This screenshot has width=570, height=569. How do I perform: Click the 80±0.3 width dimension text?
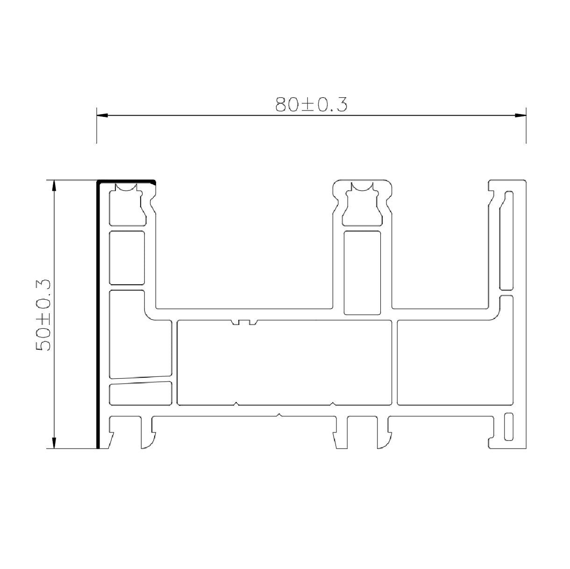[311, 104]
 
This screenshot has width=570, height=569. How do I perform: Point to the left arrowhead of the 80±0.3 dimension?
[102, 115]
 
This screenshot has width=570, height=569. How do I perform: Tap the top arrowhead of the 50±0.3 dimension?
[55, 186]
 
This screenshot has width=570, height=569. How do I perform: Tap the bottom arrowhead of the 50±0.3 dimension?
[55, 443]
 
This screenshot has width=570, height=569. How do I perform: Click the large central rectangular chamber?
[284, 363]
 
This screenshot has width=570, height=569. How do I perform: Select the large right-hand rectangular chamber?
[455, 363]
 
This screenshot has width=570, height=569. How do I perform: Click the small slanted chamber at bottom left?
[141, 393]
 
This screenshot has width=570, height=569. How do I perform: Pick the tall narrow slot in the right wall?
[506, 241]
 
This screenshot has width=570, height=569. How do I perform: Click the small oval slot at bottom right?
[508, 426]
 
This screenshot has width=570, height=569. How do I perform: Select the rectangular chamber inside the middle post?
[362, 273]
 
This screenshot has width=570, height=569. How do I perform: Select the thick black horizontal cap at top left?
[126, 180]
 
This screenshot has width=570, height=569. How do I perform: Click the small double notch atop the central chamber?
[244, 322]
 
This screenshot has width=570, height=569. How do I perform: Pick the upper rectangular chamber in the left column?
[127, 258]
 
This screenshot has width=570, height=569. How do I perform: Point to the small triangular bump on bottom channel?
[279, 414]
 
